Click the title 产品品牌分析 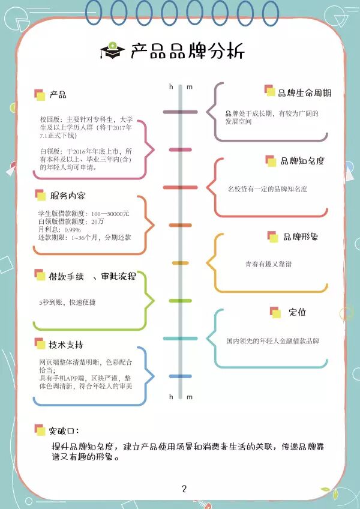(x=187, y=51)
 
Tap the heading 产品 (x=58, y=95)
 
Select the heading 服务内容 (x=68, y=196)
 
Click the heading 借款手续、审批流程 (x=92, y=276)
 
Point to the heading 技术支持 (x=67, y=345)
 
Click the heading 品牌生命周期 (x=305, y=93)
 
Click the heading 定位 (x=297, y=312)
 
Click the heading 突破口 (x=64, y=430)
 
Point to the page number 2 (x=184, y=488)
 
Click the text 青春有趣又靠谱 (x=269, y=264)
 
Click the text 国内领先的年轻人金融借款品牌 (x=272, y=341)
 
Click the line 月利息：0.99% (x=59, y=230)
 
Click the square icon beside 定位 (x=275, y=312)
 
